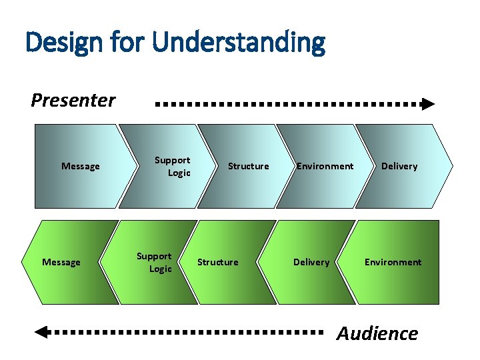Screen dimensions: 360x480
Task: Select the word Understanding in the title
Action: [x=239, y=43]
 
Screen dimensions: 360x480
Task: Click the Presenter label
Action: [x=73, y=101]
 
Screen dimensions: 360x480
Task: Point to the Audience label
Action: [x=377, y=333]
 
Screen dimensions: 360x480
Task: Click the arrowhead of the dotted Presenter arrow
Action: [x=428, y=104]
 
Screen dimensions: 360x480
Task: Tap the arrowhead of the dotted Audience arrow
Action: [x=41, y=331]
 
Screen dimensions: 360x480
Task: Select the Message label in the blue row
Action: [x=81, y=166]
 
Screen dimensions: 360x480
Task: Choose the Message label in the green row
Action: [x=61, y=262]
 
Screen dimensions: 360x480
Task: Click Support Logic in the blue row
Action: [x=173, y=167]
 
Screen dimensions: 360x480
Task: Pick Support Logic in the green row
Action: [x=155, y=262]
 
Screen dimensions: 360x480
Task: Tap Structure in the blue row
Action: [x=249, y=166]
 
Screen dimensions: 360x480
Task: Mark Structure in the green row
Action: [x=218, y=262]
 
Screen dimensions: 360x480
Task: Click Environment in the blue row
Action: [x=325, y=166]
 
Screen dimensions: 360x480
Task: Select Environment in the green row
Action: [x=393, y=262]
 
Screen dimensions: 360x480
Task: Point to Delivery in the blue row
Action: [x=399, y=166]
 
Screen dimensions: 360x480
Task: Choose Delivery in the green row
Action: [x=311, y=262]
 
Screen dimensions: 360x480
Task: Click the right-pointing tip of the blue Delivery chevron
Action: [x=452, y=166]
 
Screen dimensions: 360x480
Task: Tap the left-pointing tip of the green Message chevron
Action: [x=25, y=262]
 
